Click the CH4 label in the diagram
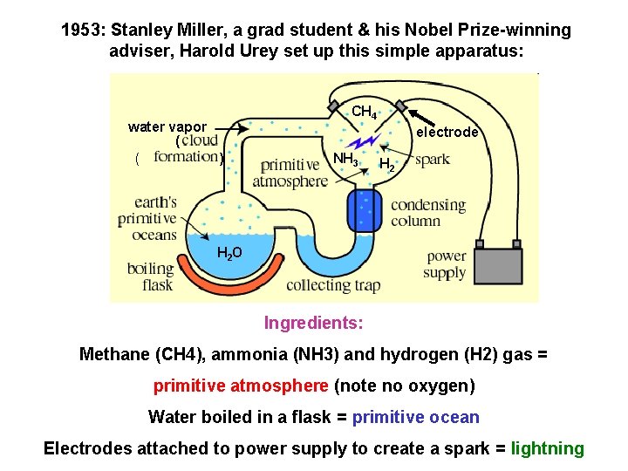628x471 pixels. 364,113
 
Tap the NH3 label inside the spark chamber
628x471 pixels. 345,159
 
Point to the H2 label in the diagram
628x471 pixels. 387,164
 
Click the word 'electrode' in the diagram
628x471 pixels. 447,133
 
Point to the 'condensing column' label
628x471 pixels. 428,213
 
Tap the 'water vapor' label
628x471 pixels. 167,127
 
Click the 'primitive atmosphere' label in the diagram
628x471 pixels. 290,174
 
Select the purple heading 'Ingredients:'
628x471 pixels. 314,324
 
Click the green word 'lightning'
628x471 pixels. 548,449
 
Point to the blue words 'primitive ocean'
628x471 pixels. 415,417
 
